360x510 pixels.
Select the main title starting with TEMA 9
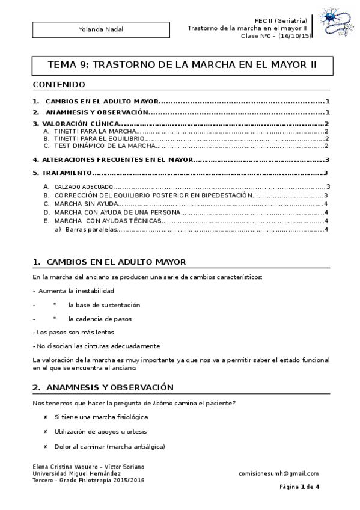click(x=182, y=64)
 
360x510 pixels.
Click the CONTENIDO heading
click(x=59, y=84)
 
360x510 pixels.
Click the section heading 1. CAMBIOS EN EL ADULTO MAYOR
click(x=109, y=262)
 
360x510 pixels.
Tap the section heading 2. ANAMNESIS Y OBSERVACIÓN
click(x=103, y=387)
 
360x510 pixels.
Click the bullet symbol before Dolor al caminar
click(x=46, y=447)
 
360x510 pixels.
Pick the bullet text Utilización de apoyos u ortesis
click(x=100, y=432)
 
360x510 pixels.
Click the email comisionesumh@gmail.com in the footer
click(x=278, y=473)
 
